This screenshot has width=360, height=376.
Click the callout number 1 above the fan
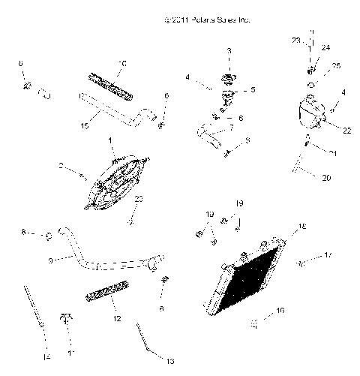tap(110, 140)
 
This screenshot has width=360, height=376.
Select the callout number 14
tap(46, 357)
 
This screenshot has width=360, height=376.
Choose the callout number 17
tap(328, 257)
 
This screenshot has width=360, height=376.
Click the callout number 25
tap(336, 66)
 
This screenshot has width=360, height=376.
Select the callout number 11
tap(72, 352)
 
